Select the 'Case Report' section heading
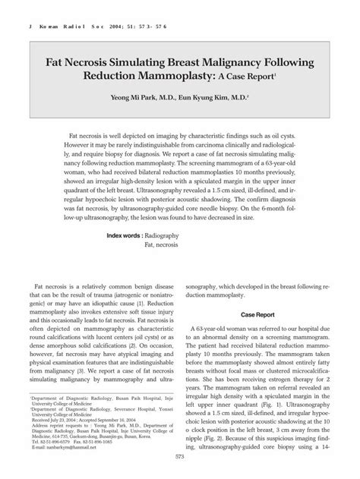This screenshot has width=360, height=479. coord(259,314)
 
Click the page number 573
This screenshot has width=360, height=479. coord(180,456)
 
